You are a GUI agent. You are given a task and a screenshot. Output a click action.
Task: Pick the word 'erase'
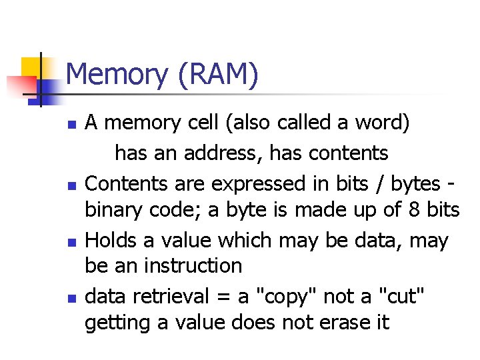(x=340, y=323)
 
